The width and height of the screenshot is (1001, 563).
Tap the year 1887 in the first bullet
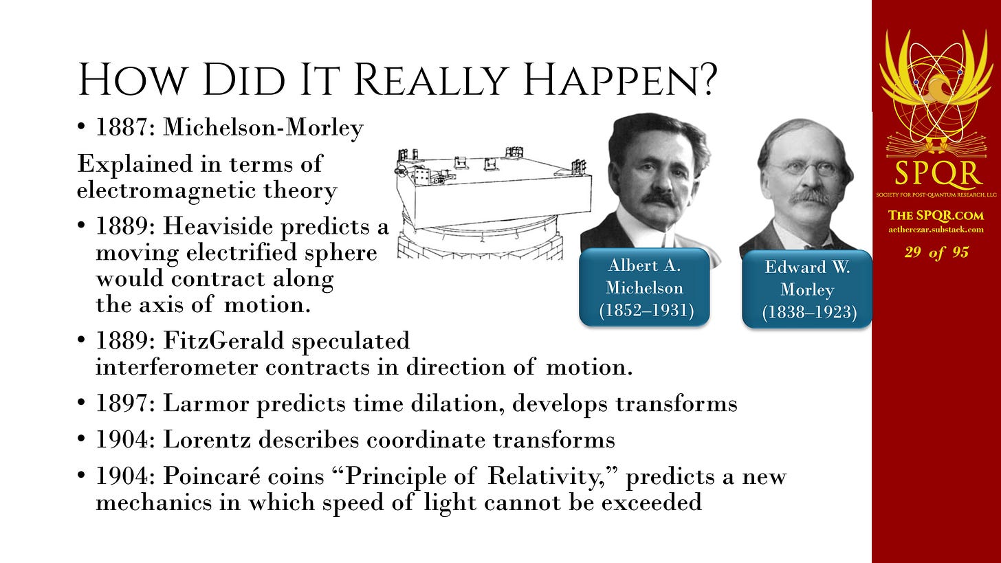coord(122,128)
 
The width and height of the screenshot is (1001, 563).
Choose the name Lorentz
coord(207,440)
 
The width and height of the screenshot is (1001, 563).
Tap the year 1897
coord(122,404)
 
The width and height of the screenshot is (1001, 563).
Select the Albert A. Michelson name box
coord(644,287)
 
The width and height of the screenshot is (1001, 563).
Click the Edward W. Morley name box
coord(807,289)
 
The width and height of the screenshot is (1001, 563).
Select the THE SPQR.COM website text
coord(936,215)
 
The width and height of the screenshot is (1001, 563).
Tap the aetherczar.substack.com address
coord(936,230)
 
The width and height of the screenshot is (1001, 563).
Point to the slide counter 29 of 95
coord(936,252)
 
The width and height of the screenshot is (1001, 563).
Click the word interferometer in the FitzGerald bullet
coord(177,367)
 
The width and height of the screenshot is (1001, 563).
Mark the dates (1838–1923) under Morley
coord(809,312)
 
